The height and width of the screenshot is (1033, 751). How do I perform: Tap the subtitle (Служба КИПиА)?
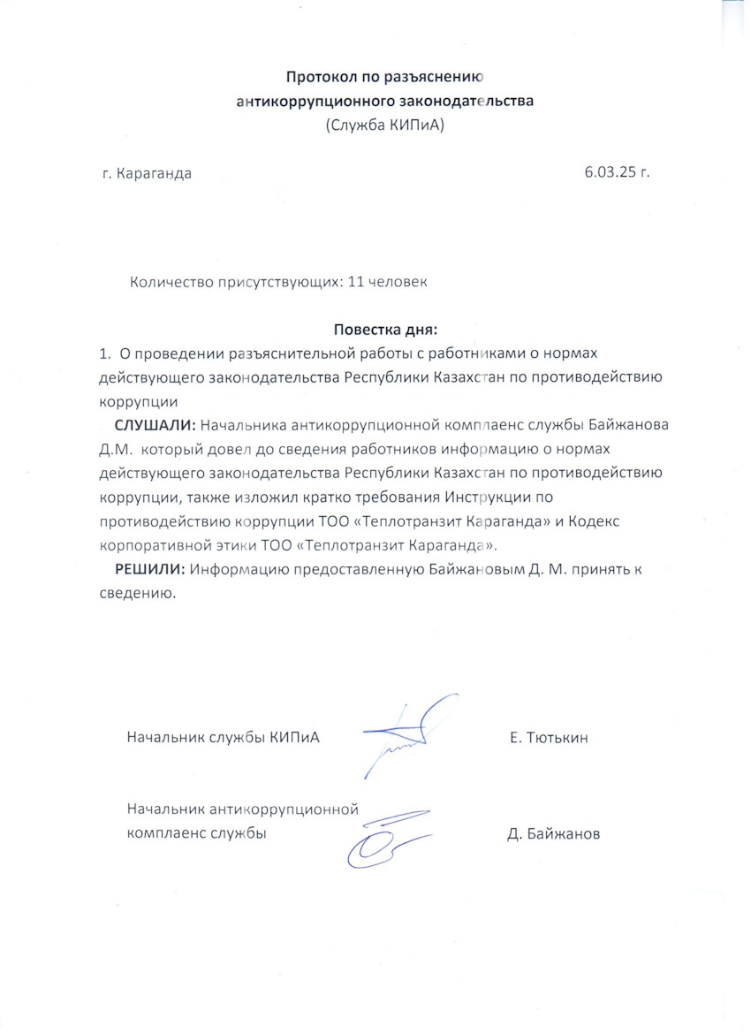point(384,125)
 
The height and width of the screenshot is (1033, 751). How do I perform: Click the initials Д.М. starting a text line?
point(114,448)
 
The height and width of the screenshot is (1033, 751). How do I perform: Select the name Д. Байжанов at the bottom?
point(553,833)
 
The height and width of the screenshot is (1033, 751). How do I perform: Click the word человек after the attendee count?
point(398,283)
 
